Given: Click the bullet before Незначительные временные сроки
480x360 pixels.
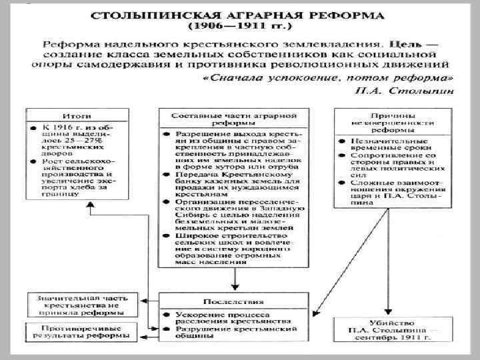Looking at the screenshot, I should click(341, 142).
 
